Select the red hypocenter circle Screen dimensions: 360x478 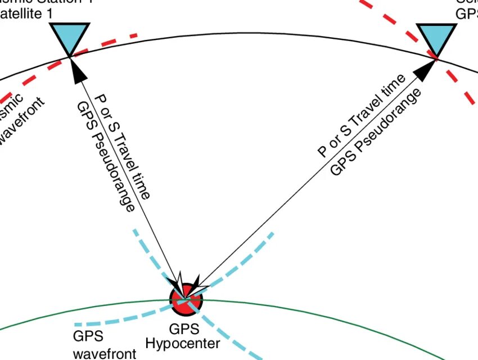point(186,298)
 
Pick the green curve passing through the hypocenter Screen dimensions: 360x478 point(292,307)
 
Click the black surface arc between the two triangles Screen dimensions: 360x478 point(253,33)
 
